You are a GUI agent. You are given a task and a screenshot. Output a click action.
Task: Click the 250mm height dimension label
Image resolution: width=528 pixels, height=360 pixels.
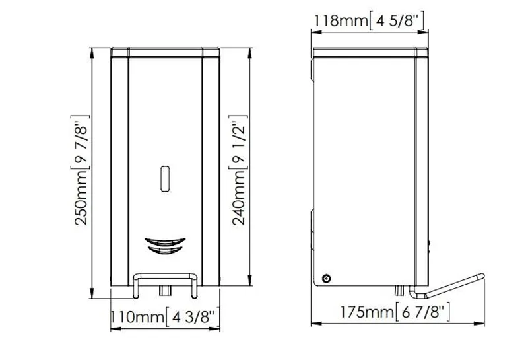coord(81,198)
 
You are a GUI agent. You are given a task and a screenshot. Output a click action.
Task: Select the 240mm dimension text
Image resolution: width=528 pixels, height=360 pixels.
coord(239,198)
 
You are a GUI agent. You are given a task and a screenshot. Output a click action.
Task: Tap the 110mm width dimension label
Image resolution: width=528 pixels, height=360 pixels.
coord(137,317)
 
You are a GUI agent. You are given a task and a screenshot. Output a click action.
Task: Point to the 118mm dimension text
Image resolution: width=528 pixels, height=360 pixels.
coord(341,20)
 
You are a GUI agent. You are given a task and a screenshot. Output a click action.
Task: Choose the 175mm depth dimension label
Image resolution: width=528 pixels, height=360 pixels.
coord(367,312)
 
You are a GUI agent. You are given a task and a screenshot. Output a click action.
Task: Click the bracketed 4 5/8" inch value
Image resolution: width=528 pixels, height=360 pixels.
coord(397,20)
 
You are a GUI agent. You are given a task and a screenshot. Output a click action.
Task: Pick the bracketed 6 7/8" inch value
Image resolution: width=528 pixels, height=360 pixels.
coord(422,312)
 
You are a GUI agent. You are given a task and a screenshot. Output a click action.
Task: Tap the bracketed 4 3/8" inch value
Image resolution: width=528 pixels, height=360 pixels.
coord(193,317)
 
